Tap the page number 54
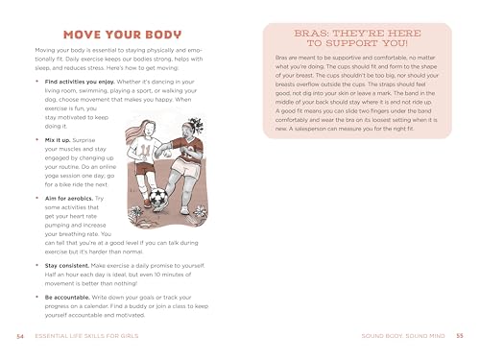[x=21, y=335]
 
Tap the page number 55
[x=459, y=335]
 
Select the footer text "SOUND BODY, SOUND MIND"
[x=400, y=335]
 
